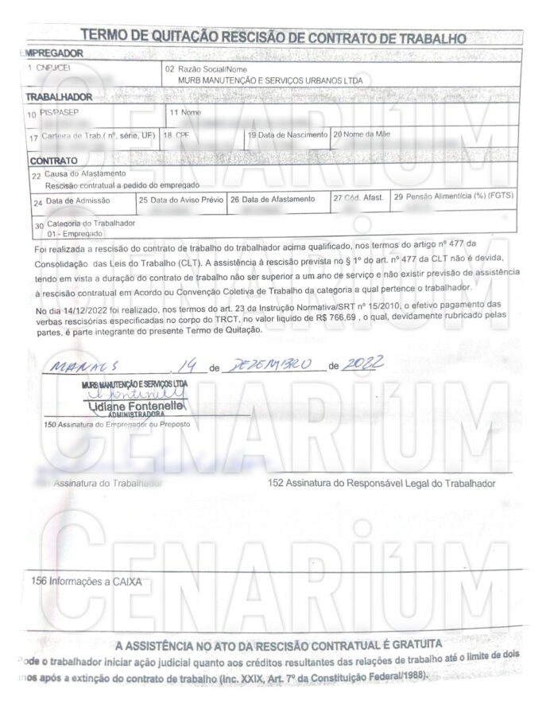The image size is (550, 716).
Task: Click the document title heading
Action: [x=274, y=36]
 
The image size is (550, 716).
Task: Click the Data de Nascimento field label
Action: [x=287, y=134]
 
